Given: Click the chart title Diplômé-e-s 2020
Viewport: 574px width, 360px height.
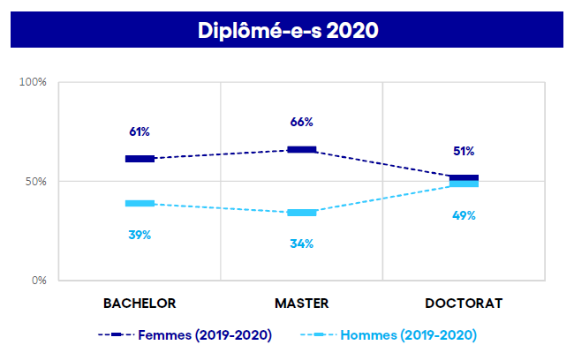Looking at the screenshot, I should point(287,31).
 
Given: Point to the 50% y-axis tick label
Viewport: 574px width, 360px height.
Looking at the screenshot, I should point(35,182).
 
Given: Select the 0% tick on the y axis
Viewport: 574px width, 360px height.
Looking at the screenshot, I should point(39,281).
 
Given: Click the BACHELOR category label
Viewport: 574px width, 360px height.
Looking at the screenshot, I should point(140,303).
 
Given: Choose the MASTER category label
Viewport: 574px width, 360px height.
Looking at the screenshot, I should point(302,303).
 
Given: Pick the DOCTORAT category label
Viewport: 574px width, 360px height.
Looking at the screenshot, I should point(464,303).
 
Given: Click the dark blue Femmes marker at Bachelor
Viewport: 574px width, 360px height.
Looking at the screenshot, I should point(140,159).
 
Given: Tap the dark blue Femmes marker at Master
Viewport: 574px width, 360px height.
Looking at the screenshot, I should point(302,149).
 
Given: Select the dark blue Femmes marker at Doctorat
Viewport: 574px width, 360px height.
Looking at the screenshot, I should point(464,178).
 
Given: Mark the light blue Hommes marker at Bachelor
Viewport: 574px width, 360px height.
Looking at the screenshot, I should point(140,203).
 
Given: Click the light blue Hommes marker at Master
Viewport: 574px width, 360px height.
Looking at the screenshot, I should point(302,213).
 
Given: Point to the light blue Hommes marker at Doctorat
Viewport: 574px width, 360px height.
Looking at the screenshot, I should point(464,184).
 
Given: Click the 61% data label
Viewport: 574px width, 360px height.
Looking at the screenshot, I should point(140,131).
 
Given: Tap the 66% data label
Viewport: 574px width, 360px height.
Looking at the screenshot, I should point(302,122).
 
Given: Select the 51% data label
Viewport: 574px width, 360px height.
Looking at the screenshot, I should point(464,151).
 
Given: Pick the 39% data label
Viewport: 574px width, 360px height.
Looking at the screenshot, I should point(140,235).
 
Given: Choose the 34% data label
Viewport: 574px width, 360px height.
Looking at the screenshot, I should point(302,244).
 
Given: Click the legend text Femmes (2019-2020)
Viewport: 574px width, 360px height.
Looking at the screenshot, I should point(204,334).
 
